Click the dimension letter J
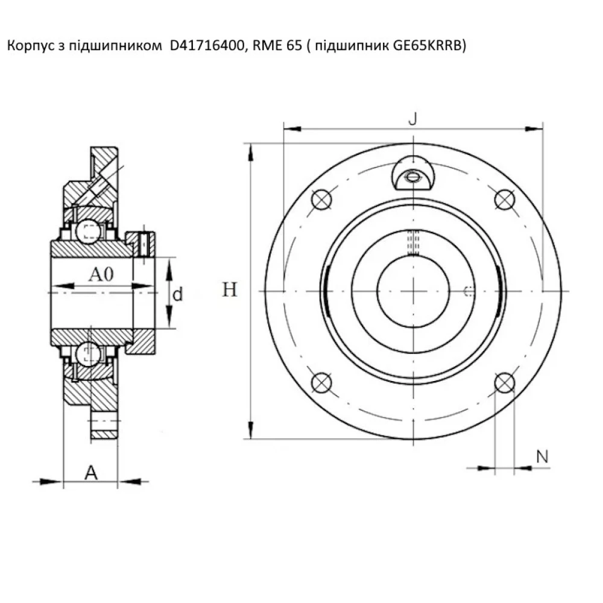[412, 119]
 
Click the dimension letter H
[230, 291]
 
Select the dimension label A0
[101, 275]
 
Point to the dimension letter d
[178, 295]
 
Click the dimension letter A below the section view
[90, 473]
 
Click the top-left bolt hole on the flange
[321, 200]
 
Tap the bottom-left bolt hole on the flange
[321, 382]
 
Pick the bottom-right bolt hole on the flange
[504, 382]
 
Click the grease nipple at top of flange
[412, 175]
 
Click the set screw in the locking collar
[145, 244]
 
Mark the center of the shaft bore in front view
[413, 291]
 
